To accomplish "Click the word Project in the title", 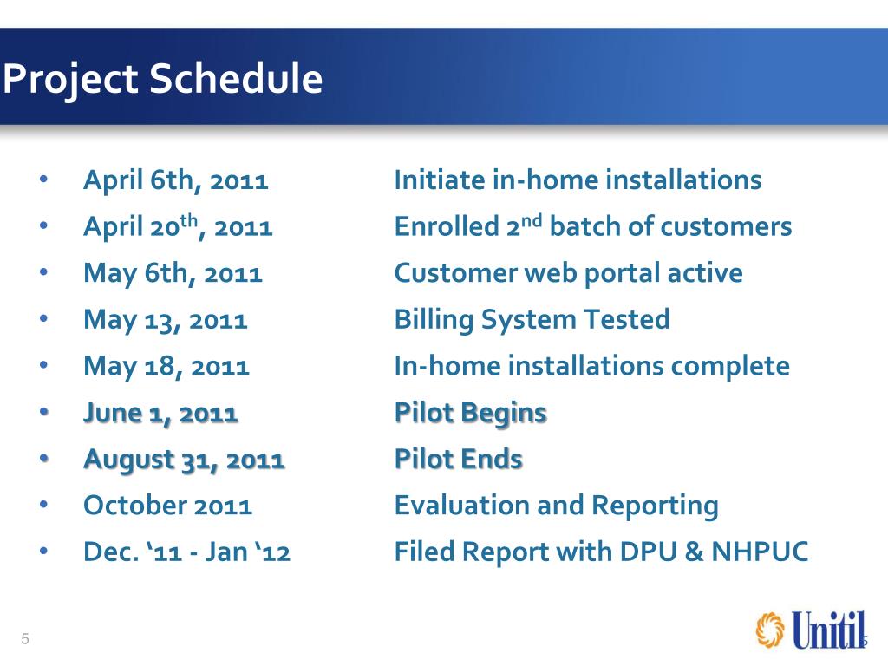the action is (x=71, y=79).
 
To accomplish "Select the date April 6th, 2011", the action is (x=175, y=181).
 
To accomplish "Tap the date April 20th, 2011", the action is (x=178, y=226).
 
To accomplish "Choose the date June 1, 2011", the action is (x=160, y=414).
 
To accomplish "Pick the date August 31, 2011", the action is (x=184, y=460).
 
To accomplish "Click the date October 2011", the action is (x=167, y=506).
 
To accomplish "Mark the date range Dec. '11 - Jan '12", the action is (x=187, y=552).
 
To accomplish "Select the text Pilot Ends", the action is (x=458, y=460).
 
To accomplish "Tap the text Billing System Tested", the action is (x=532, y=320).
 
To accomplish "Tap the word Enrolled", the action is (x=447, y=226).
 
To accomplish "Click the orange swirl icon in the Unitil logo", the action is (x=770, y=630).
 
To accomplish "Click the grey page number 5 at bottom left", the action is (x=25, y=639).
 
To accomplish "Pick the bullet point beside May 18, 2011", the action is (x=43, y=365).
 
